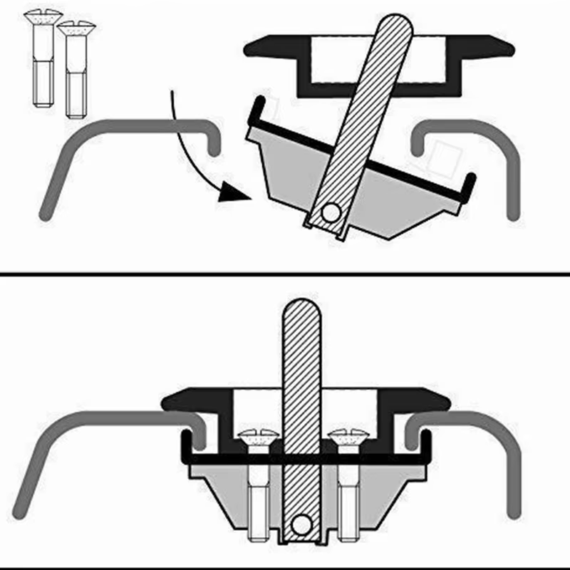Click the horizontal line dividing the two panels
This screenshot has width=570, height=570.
(285, 272)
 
